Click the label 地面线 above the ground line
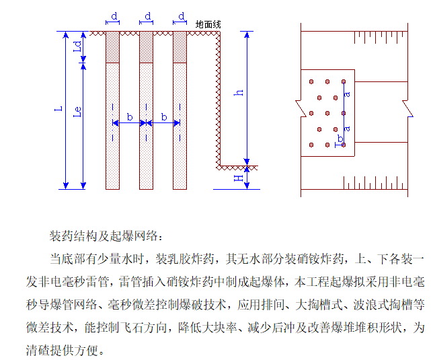(208, 24)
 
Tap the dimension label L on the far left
(58, 108)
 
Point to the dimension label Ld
(77, 47)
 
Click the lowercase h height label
(239, 93)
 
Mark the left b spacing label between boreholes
(130, 117)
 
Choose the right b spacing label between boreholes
(163, 117)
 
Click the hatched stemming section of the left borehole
(113, 47)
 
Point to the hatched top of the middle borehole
(147, 47)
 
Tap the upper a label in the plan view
(346, 94)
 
